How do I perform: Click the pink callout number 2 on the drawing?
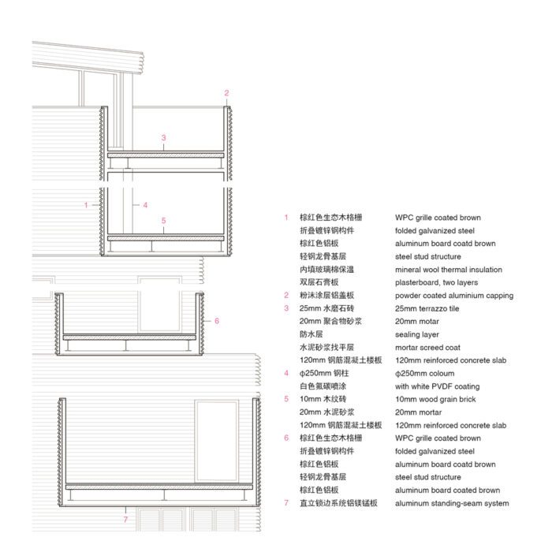pyautogui.click(x=226, y=93)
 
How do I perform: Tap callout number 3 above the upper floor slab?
pyautogui.click(x=163, y=138)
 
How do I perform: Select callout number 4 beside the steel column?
pyautogui.click(x=145, y=205)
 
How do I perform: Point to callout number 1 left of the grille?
pyautogui.click(x=86, y=205)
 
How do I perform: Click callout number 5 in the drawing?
pyautogui.click(x=163, y=220)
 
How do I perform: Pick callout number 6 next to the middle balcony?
pyautogui.click(x=217, y=321)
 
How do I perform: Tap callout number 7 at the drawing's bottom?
pyautogui.click(x=125, y=519)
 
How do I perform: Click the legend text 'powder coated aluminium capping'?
pyautogui.click(x=454, y=296)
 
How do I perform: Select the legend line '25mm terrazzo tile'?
pyautogui.click(x=427, y=309)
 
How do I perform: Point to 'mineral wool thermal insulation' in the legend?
pyautogui.click(x=449, y=270)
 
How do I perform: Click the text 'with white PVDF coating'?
pyautogui.click(x=437, y=386)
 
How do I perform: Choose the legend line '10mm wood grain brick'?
pyautogui.click(x=435, y=399)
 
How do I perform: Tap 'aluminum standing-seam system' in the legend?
pyautogui.click(x=452, y=503)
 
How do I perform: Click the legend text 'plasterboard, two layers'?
pyautogui.click(x=437, y=282)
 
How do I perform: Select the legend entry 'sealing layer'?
pyautogui.click(x=417, y=334)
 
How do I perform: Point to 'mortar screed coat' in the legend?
pyautogui.click(x=427, y=348)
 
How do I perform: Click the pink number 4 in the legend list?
pyautogui.click(x=286, y=373)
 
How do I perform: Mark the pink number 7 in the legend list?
pyautogui.click(x=286, y=503)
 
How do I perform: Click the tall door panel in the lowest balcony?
pyautogui.click(x=217, y=441)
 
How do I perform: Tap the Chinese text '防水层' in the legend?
pyautogui.click(x=311, y=334)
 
